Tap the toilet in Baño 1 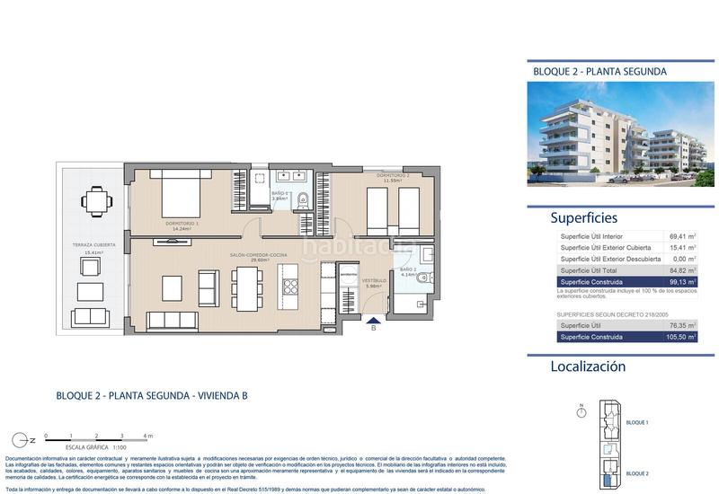(304, 199)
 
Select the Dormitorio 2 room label (393, 176)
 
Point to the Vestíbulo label (373, 281)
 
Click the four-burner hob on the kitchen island (289, 287)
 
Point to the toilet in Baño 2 (424, 280)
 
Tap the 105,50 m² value (680, 336)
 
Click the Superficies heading (583, 217)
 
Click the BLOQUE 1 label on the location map (636, 421)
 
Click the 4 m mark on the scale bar (150, 436)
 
